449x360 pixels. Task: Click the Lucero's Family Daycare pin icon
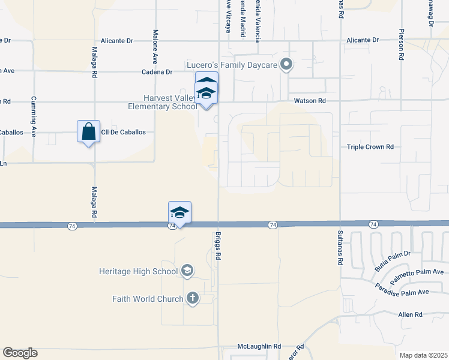coord(286,64)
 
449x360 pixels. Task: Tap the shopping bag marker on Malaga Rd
coord(88,131)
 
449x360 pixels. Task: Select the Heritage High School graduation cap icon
coord(187,271)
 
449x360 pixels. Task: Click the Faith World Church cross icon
coord(192,298)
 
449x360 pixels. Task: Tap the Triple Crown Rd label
coord(370,146)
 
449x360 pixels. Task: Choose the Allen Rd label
coord(411,314)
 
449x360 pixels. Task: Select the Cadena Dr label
coord(157,71)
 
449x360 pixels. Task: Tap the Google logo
coord(20,353)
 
